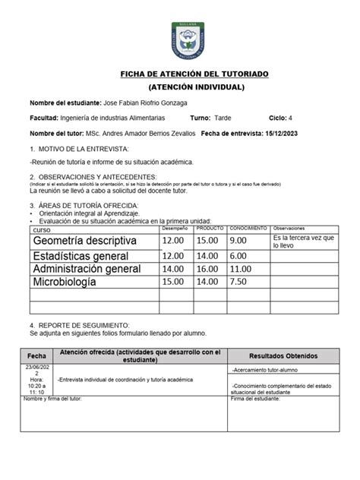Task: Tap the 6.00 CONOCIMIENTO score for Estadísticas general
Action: [x=240, y=256]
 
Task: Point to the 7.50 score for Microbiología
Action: [x=240, y=283]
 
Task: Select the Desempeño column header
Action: [x=175, y=228]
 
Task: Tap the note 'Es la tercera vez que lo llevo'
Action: [x=303, y=242]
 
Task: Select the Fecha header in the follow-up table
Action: [x=36, y=356]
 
